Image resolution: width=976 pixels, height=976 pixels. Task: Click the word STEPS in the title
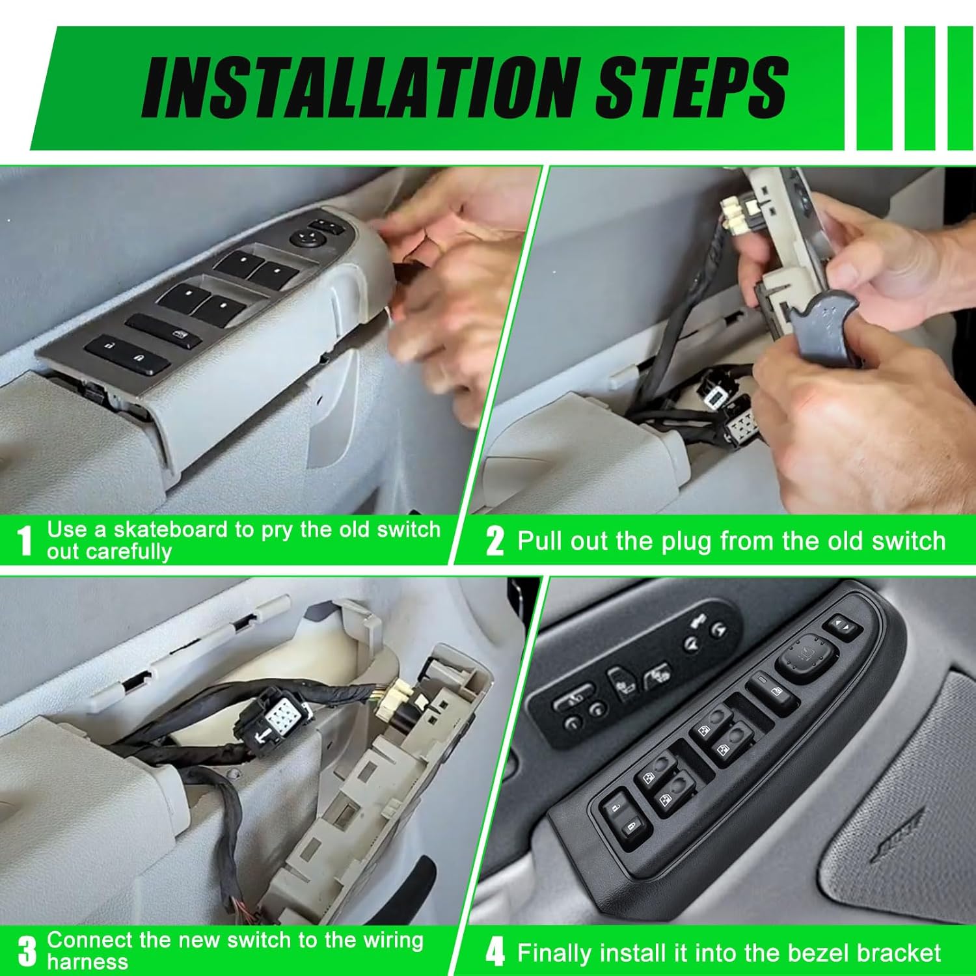[x=692, y=87]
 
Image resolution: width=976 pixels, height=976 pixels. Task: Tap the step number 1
[x=25, y=541]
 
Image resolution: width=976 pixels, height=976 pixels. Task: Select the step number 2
[x=495, y=541]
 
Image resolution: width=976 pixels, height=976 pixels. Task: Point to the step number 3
[x=27, y=951]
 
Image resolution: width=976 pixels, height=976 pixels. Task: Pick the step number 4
[x=495, y=953]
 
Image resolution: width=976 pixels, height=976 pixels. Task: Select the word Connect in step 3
[x=89, y=940]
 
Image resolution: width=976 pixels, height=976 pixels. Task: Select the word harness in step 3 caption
[x=87, y=962]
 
